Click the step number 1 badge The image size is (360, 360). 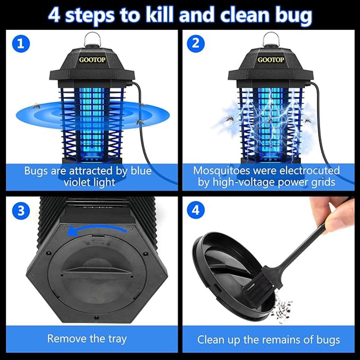[21, 44]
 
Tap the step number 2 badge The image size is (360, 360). [195, 44]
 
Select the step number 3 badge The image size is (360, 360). [21, 211]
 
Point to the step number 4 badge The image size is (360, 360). [195, 211]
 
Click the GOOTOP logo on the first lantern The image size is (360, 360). [92, 60]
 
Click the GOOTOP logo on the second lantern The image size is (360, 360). [271, 60]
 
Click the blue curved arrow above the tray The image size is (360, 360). [96, 231]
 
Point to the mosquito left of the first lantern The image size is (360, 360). [35, 106]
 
